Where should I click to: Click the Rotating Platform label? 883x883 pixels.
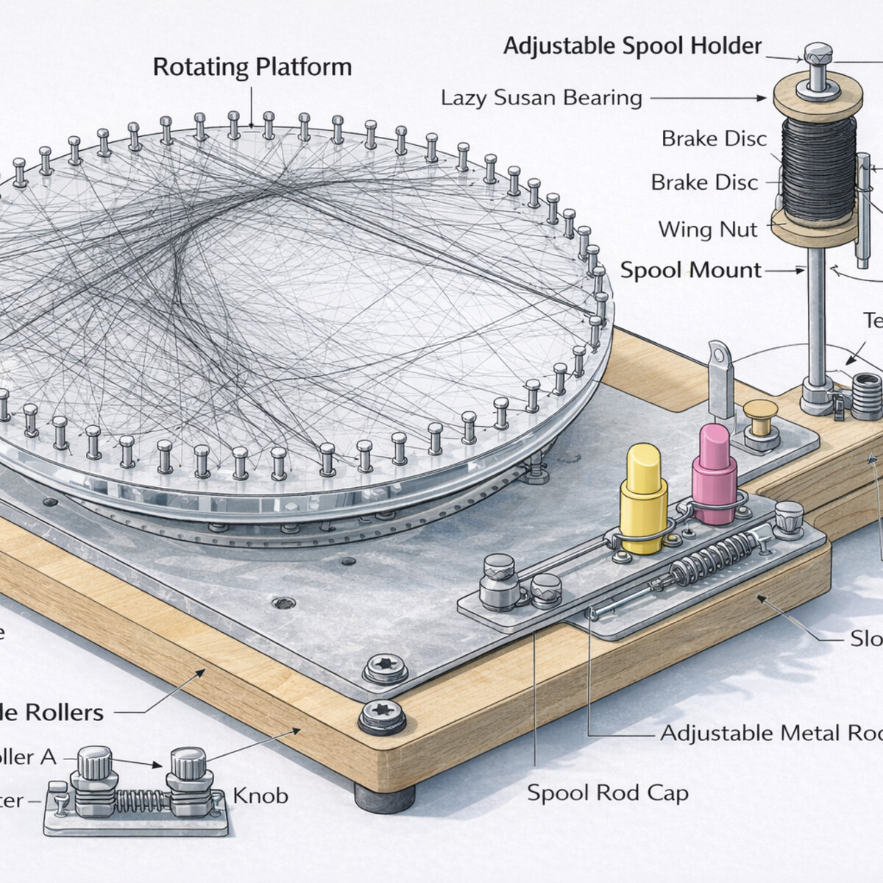[x=252, y=67]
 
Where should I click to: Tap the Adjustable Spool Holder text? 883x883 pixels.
[x=632, y=46]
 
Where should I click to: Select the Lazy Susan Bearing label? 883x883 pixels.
[x=541, y=98]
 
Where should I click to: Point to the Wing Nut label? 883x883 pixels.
[x=707, y=230]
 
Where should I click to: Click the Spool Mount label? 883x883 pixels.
[x=690, y=270]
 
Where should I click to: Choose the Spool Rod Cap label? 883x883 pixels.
[x=608, y=792]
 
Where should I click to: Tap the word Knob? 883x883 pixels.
[x=260, y=796]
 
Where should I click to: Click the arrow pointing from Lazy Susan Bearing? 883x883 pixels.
[x=707, y=97]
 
